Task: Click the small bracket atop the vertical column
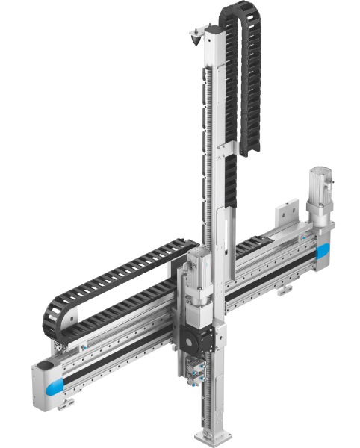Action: [x=198, y=33]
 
